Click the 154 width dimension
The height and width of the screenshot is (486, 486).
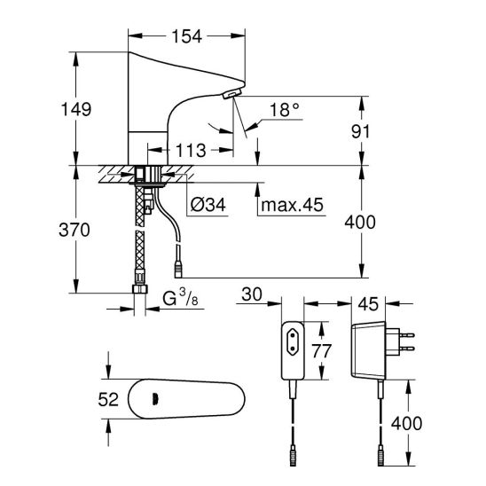(x=187, y=36)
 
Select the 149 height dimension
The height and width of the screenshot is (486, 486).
(x=76, y=109)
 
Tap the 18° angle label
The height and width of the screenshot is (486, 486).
(x=285, y=109)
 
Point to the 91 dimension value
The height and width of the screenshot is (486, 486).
(x=360, y=131)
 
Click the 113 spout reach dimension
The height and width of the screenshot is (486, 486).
(x=191, y=151)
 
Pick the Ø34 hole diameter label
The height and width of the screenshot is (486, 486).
(x=208, y=205)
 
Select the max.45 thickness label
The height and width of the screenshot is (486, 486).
(x=293, y=205)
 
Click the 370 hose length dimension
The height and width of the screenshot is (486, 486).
(x=74, y=230)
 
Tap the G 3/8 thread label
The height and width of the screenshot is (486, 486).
(x=180, y=298)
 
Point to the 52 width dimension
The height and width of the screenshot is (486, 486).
(x=108, y=399)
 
